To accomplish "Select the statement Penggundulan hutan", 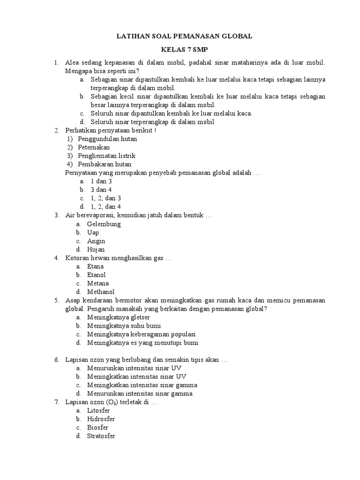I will tap(107, 139).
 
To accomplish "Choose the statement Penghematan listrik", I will tap(106, 156).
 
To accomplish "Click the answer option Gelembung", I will tap(104, 224).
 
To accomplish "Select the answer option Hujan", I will tap(96, 249).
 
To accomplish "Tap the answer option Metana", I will tap(98, 284).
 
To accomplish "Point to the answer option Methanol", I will tap(101, 292).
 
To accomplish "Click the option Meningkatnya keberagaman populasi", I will tap(141, 334).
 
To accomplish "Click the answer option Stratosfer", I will tap(101, 436).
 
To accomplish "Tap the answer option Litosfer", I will tap(98, 411).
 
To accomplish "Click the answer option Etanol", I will tap(97, 275).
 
